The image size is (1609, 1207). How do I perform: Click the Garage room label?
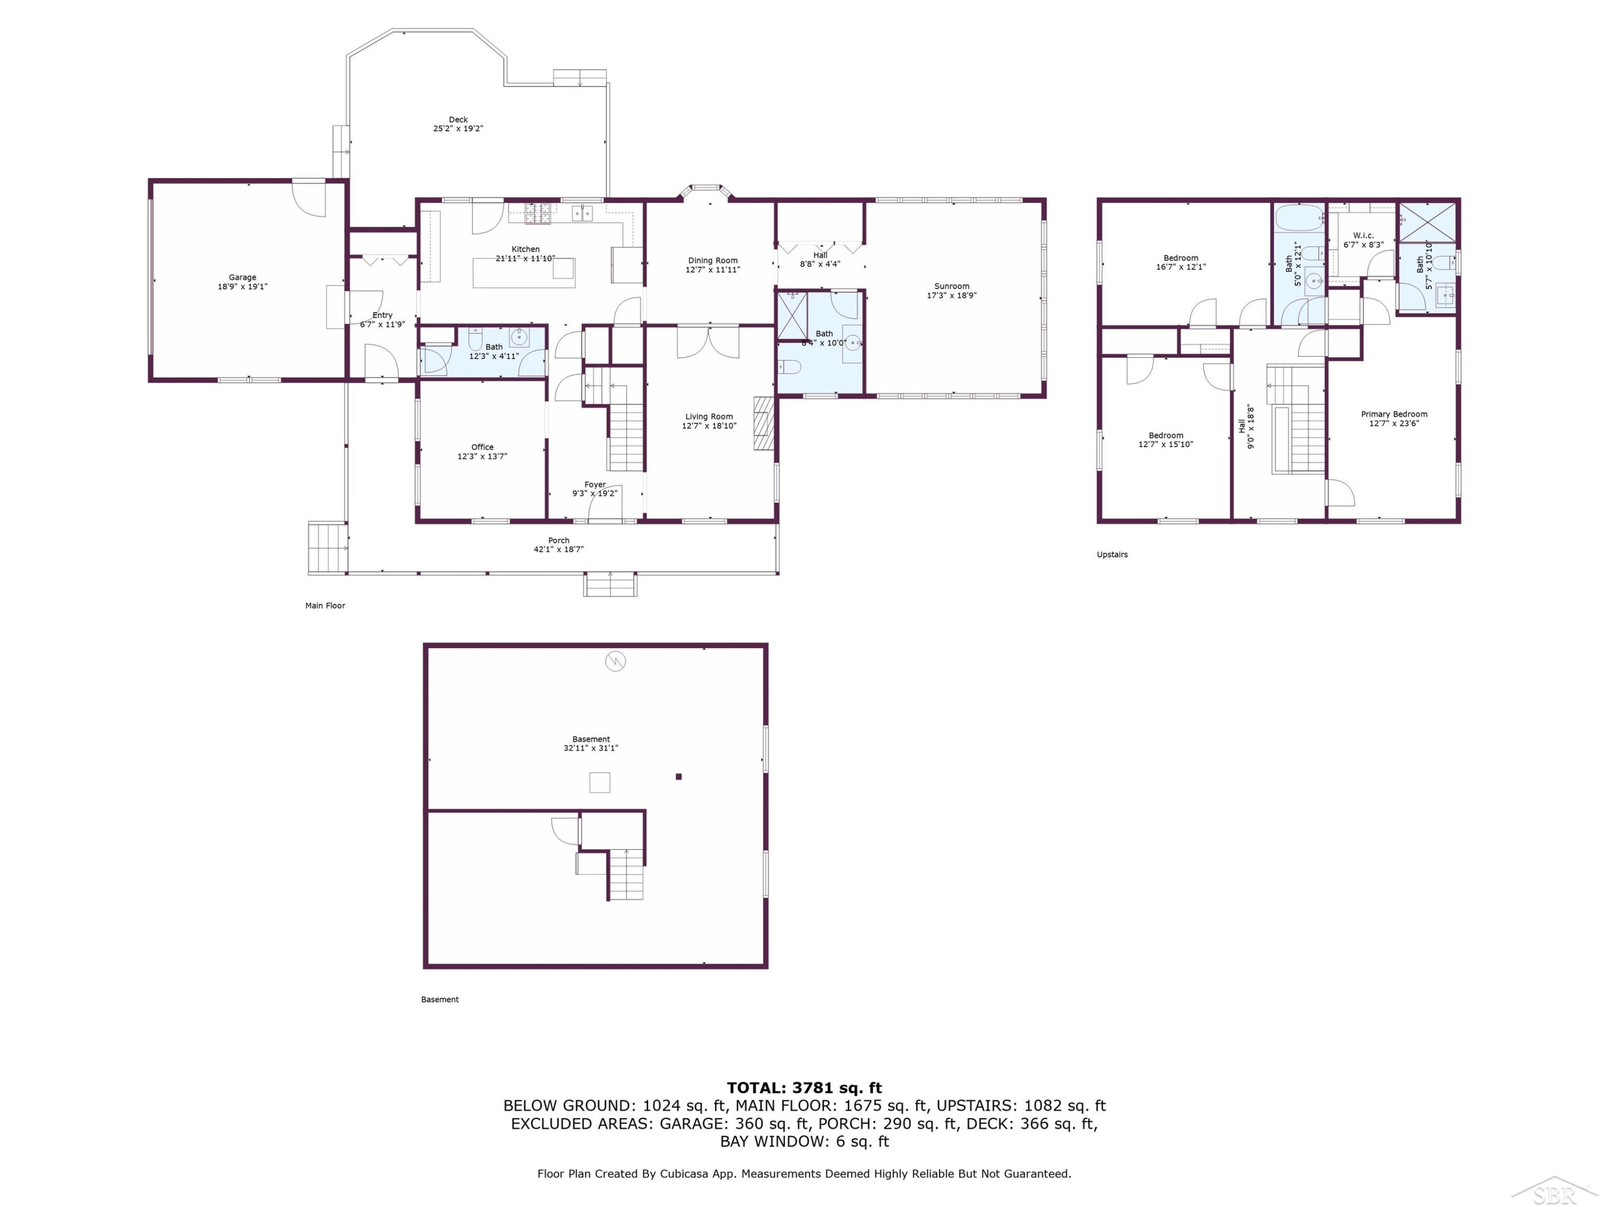click(242, 277)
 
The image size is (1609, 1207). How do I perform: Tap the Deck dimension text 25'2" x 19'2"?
click(458, 129)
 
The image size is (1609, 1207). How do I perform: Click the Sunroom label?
click(951, 286)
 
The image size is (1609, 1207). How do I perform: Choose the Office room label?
click(482, 447)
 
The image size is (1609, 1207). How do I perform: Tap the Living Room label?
click(708, 417)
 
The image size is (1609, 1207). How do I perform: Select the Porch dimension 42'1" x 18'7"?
click(559, 549)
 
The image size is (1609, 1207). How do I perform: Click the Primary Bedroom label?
click(1394, 414)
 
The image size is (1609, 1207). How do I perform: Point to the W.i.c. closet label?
click(1363, 235)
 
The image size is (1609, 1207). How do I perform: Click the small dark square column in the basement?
click(678, 776)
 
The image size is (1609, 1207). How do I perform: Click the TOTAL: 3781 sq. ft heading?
click(804, 1088)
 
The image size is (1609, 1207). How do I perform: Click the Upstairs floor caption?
click(1112, 554)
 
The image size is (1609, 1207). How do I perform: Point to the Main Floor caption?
click(325, 605)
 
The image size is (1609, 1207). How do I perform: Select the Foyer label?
click(595, 484)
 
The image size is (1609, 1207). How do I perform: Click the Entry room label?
click(382, 315)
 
